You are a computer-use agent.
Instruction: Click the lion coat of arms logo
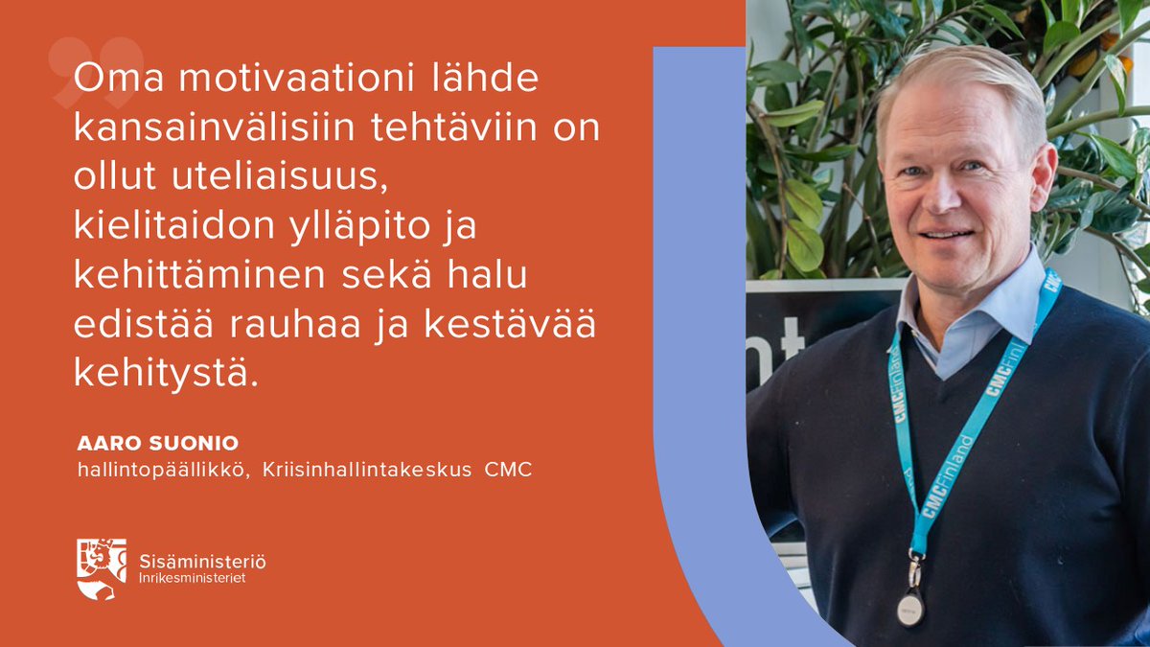tap(101, 569)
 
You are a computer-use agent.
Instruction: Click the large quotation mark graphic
tap(96, 72)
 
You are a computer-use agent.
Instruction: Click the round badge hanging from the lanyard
tap(910, 608)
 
